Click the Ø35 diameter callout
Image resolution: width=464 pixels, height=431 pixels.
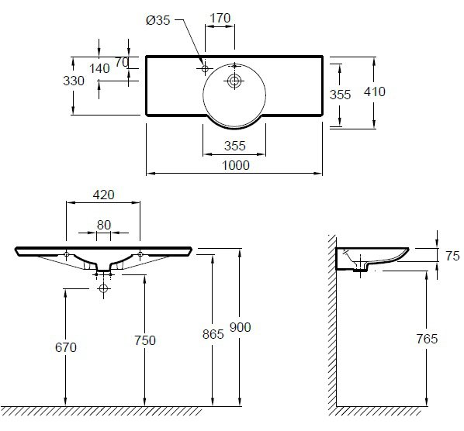[158, 20]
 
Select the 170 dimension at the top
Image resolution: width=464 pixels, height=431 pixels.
[220, 18]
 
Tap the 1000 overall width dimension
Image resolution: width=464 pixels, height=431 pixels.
[236, 165]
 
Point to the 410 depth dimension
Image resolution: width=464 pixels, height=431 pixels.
[375, 91]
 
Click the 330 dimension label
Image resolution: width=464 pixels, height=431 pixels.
[74, 81]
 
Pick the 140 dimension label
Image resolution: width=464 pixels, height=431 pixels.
[99, 68]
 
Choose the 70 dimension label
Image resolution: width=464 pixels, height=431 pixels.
[122, 62]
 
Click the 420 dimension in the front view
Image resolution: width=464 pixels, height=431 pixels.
[103, 195]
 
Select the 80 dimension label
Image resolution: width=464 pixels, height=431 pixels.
[104, 225]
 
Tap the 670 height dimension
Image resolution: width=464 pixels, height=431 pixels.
[66, 347]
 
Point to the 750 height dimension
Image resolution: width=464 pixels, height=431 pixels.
[145, 340]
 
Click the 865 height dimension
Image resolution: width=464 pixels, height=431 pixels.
[213, 334]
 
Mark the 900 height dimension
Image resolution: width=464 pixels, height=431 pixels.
[241, 327]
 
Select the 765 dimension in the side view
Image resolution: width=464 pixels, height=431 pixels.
[427, 339]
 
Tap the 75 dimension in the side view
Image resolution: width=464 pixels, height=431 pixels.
[453, 256]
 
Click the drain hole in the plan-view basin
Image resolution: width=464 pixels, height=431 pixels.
[234, 81]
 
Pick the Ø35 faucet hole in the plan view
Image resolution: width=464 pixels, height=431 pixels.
[205, 68]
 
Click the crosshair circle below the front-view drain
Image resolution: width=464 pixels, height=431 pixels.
[103, 288]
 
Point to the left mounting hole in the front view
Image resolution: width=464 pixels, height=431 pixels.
[66, 254]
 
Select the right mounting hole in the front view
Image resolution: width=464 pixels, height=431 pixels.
[140, 254]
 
